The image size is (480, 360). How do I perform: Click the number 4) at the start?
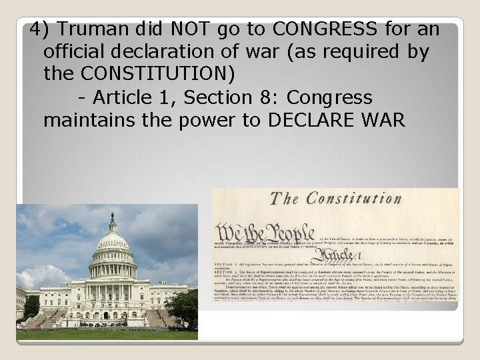pyautogui.click(x=39, y=29)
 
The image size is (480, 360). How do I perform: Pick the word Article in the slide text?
pyautogui.click(x=123, y=97)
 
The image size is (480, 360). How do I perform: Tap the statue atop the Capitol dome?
pyautogui.click(x=111, y=217)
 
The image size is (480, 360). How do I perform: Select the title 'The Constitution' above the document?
pyautogui.click(x=335, y=199)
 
